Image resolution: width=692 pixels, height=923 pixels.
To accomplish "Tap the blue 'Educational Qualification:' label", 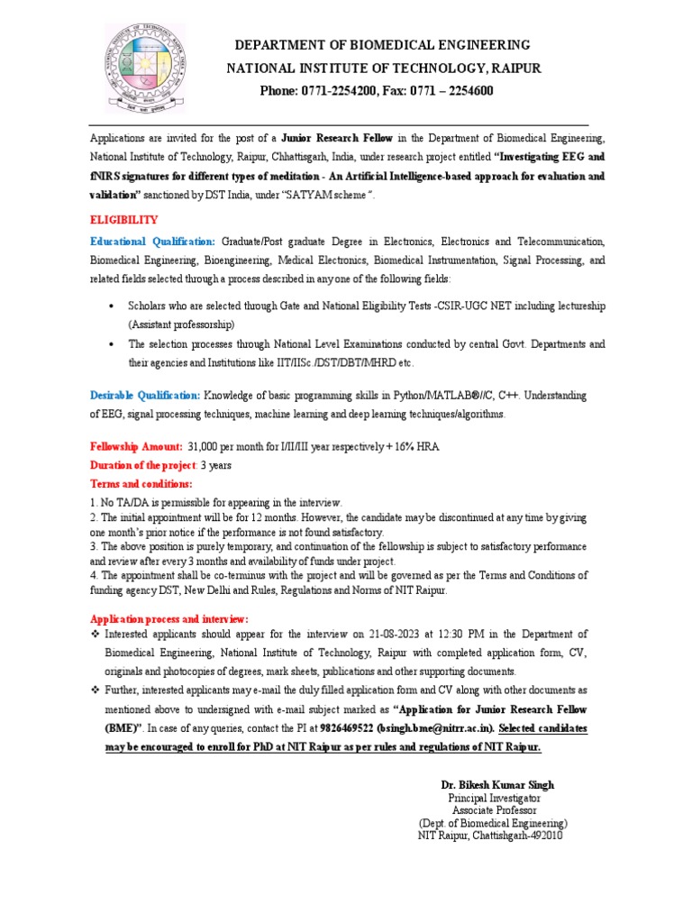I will click(x=152, y=242).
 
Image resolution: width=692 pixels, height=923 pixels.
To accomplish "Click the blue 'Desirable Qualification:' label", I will click(x=145, y=396).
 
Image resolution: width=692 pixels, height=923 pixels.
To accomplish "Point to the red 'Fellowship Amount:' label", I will click(x=135, y=447).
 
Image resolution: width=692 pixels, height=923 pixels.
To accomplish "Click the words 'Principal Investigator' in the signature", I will click(x=494, y=799).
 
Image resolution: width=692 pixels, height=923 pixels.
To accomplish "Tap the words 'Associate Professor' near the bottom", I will click(x=494, y=810).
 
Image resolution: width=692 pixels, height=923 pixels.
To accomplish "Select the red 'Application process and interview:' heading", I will click(x=168, y=618).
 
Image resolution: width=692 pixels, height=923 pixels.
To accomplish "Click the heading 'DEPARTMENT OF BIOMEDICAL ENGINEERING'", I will click(x=383, y=45).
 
